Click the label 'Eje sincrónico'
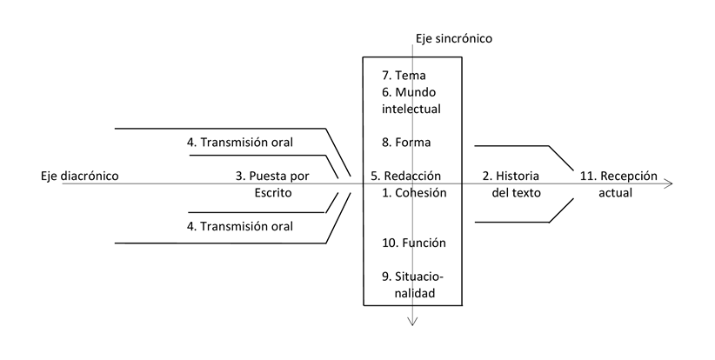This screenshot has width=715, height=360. point(453,38)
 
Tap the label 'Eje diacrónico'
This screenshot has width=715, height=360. point(79,176)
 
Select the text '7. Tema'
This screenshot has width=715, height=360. point(404,75)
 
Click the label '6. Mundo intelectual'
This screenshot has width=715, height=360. point(411,100)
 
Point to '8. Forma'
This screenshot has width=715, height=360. point(406,142)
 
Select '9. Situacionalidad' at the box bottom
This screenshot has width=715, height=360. point(412,285)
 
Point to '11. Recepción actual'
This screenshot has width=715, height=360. point(618,183)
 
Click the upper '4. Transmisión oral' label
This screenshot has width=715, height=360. point(239,142)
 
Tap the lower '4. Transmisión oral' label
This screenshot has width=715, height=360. point(239,226)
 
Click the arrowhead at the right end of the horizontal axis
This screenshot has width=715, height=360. point(668,183)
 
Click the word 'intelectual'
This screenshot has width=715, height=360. point(411,109)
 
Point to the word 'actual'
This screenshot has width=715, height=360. point(615,192)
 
